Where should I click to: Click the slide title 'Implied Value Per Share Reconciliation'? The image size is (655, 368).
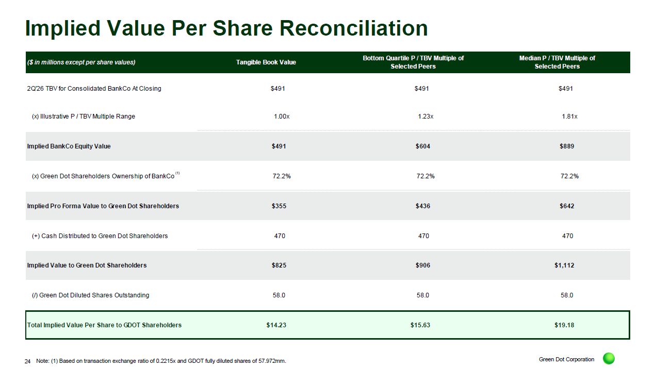[226, 28]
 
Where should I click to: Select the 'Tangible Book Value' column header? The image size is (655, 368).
[266, 62]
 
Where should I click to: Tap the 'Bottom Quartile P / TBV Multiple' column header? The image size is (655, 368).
[413, 62]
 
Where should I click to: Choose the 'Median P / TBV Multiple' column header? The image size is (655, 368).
[557, 62]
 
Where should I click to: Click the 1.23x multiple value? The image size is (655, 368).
[425, 116]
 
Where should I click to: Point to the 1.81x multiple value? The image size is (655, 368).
[569, 116]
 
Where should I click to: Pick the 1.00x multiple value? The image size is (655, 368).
[281, 116]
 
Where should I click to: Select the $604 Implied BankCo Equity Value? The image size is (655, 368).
[423, 146]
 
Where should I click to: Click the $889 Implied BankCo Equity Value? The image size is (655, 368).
[567, 146]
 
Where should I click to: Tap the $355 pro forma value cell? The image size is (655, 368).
[279, 206]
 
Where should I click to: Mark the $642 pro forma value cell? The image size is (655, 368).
[567, 206]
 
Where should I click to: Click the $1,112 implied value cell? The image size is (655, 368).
[564, 265]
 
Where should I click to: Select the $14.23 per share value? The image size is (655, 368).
[276, 325]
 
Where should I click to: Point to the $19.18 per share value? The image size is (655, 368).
[564, 325]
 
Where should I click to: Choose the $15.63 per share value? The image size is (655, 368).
[420, 325]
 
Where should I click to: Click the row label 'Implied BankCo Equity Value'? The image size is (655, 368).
[69, 146]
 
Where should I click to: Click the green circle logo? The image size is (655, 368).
[609, 359]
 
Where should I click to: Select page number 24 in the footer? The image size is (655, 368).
[28, 361]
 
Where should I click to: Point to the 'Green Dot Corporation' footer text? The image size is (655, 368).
[566, 359]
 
